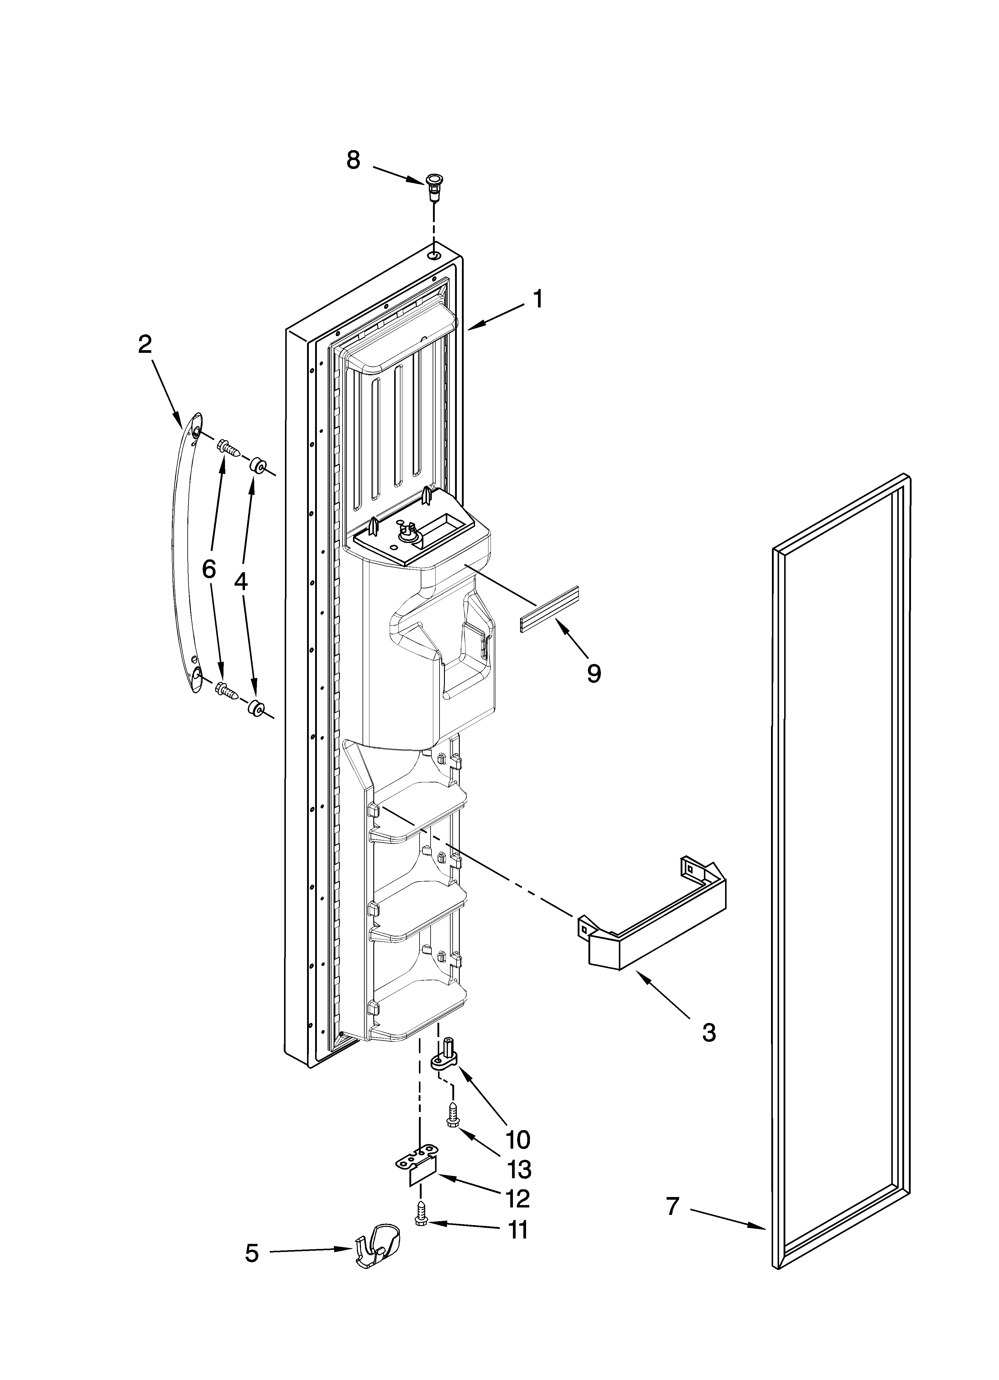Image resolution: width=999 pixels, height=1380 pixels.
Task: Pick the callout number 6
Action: point(209,570)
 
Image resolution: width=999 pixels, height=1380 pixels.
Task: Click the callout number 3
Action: point(709,1033)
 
